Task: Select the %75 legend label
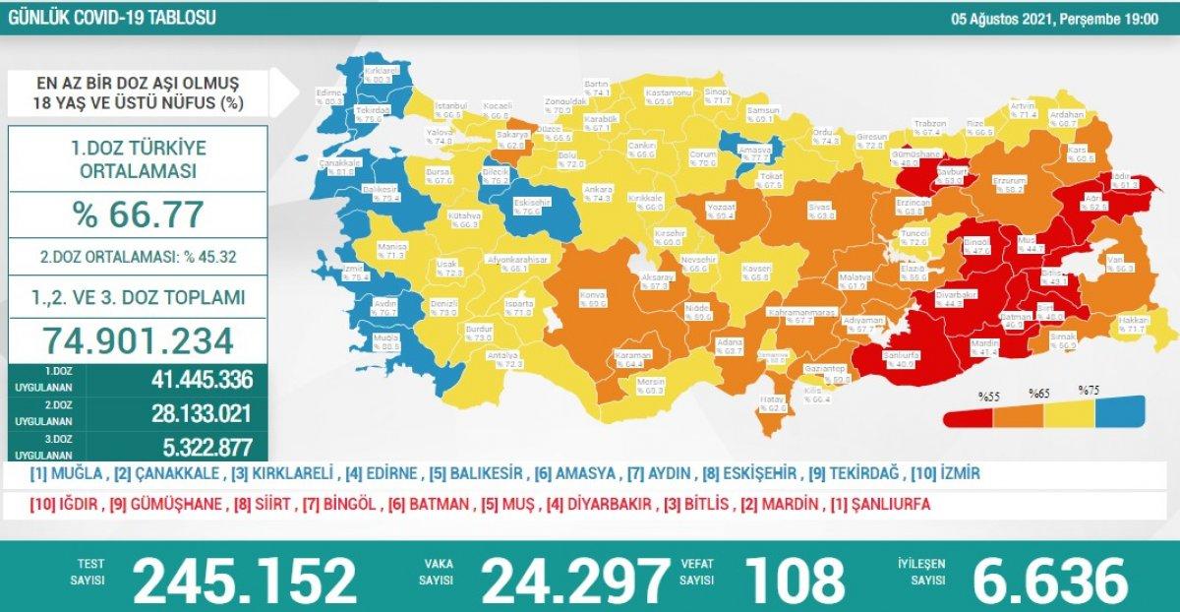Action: point(1089,390)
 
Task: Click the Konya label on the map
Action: point(593,297)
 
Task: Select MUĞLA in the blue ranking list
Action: point(69,474)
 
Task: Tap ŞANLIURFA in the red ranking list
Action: point(889,505)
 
